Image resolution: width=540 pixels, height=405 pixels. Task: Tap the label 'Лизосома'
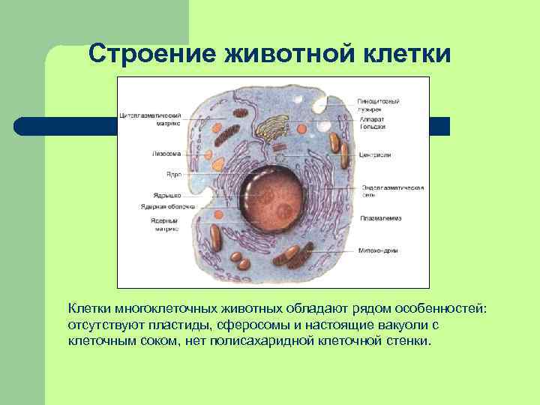166,154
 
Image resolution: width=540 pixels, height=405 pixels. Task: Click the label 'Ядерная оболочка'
167,206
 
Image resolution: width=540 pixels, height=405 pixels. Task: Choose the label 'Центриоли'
375,154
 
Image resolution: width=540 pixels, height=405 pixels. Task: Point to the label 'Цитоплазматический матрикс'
150,119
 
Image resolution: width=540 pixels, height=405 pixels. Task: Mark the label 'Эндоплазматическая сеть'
393,190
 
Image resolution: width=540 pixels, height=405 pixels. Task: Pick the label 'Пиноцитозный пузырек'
378,104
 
